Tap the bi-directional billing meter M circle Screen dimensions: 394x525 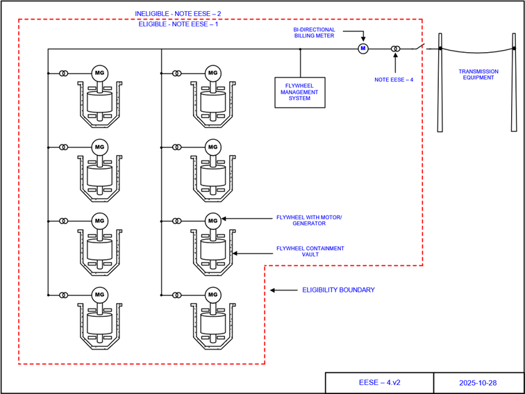[362, 49]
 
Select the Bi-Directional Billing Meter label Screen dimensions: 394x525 [314, 33]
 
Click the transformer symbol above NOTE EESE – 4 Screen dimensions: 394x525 [395, 49]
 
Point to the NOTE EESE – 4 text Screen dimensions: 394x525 [394, 80]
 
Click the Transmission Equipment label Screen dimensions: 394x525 [477, 74]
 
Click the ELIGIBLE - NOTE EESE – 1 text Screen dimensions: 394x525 [178, 24]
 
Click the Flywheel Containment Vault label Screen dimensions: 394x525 [310, 252]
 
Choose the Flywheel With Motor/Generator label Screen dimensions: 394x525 [314, 221]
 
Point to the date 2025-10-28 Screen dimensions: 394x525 [478, 383]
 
